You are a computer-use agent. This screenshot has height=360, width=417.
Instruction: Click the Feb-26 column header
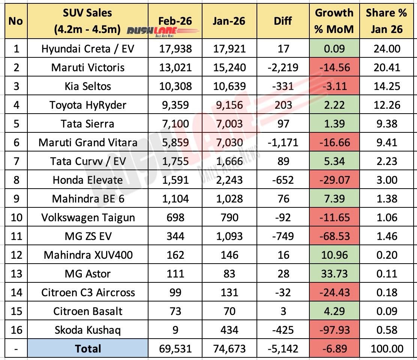[x=175, y=21]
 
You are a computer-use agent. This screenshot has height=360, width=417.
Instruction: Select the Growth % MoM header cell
[x=334, y=21]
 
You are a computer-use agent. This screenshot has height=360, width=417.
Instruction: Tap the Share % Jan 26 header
[x=386, y=21]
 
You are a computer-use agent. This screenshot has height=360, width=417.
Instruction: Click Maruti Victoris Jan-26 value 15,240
[x=229, y=67]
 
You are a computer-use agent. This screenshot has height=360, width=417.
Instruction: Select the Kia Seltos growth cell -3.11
[x=334, y=86]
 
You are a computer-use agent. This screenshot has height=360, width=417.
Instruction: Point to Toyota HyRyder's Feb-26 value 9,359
[x=175, y=105]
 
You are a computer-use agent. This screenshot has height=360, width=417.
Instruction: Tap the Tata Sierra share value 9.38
[x=386, y=124]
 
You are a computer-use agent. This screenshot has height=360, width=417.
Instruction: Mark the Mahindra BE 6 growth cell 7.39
[x=334, y=199]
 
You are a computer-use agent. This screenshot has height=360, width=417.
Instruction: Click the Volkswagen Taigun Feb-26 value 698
[x=175, y=217]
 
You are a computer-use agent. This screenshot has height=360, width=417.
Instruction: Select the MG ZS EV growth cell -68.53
[x=334, y=236]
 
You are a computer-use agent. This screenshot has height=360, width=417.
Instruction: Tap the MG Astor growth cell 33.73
[x=334, y=274]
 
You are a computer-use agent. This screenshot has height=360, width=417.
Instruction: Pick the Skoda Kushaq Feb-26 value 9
[x=175, y=330]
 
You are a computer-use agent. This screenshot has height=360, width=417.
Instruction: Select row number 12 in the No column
[x=15, y=255]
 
